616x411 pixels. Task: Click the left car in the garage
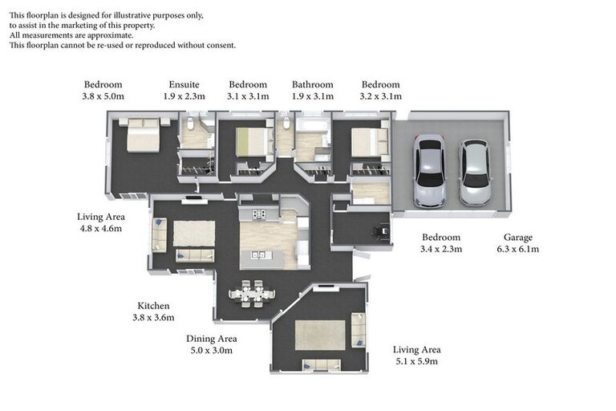click(x=429, y=171)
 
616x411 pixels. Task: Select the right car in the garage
click(x=474, y=173)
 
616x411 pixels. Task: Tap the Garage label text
click(x=517, y=238)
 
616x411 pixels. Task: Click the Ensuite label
click(x=184, y=84)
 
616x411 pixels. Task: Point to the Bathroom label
click(x=312, y=84)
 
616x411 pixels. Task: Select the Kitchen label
click(x=153, y=306)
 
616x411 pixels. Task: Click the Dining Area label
click(x=211, y=339)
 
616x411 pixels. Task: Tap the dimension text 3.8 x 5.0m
click(x=103, y=96)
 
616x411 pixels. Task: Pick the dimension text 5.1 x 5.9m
click(x=416, y=361)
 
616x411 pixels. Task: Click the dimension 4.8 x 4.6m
click(x=100, y=229)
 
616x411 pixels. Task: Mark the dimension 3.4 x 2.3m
click(x=441, y=249)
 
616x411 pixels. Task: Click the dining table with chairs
click(x=252, y=293)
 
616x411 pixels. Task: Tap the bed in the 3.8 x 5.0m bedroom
click(x=143, y=137)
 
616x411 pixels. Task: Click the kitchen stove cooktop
click(x=259, y=214)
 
